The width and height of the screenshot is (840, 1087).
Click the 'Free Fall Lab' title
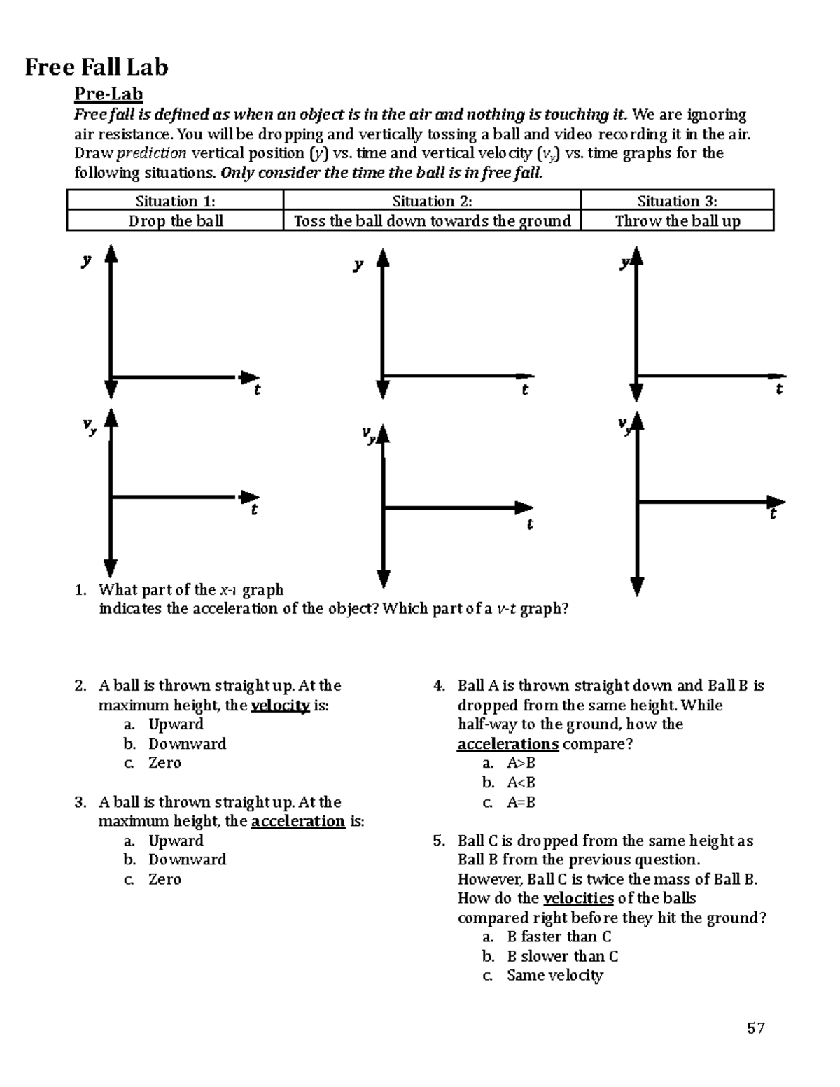[x=97, y=67]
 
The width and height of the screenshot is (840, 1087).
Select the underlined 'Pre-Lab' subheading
[x=108, y=94]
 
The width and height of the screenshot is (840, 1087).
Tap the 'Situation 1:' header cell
[x=175, y=202]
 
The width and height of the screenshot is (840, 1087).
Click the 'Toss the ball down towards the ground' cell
[x=433, y=221]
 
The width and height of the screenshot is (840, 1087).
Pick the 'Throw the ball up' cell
[x=677, y=221]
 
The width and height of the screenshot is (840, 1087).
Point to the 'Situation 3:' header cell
[x=677, y=202]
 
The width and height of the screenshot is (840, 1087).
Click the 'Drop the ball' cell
[x=175, y=221]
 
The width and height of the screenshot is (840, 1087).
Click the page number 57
[x=755, y=1028]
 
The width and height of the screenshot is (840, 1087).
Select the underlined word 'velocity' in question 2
[x=280, y=706]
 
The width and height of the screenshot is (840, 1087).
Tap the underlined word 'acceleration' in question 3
[x=297, y=821]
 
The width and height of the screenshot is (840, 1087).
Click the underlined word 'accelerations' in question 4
[x=507, y=744]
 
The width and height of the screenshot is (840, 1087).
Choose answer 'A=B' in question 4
[x=521, y=802]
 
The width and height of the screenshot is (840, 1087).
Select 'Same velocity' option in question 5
[x=554, y=975]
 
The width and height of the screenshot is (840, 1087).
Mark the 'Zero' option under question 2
[x=164, y=763]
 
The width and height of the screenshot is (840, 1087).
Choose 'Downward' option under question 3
[x=187, y=860]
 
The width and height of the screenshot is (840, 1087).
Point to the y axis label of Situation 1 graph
[x=86, y=261]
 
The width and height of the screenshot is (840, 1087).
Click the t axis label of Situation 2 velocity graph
[x=530, y=524]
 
